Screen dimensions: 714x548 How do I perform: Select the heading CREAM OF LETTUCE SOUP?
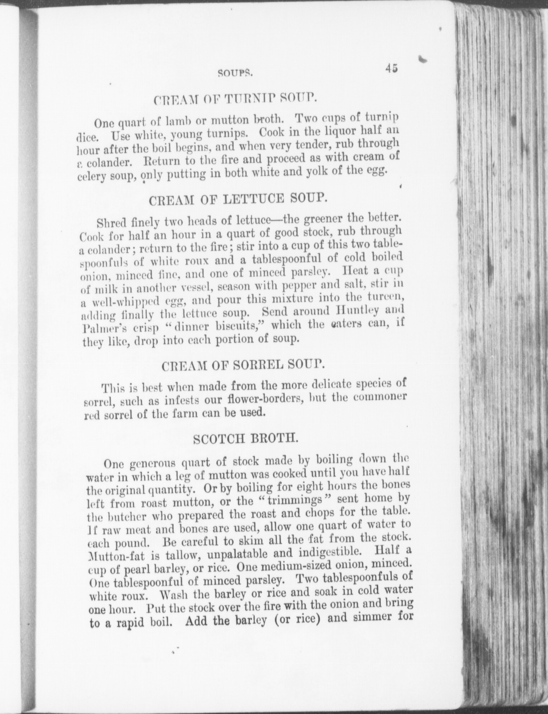[237, 200]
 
